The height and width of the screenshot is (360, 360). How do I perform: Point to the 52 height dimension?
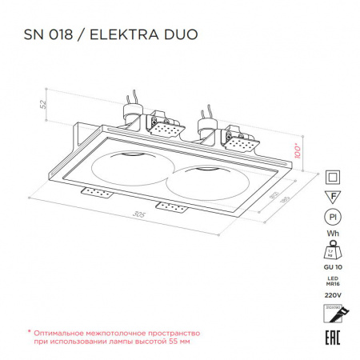point(46,103)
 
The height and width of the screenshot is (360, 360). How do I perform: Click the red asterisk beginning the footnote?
point(30,331)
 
